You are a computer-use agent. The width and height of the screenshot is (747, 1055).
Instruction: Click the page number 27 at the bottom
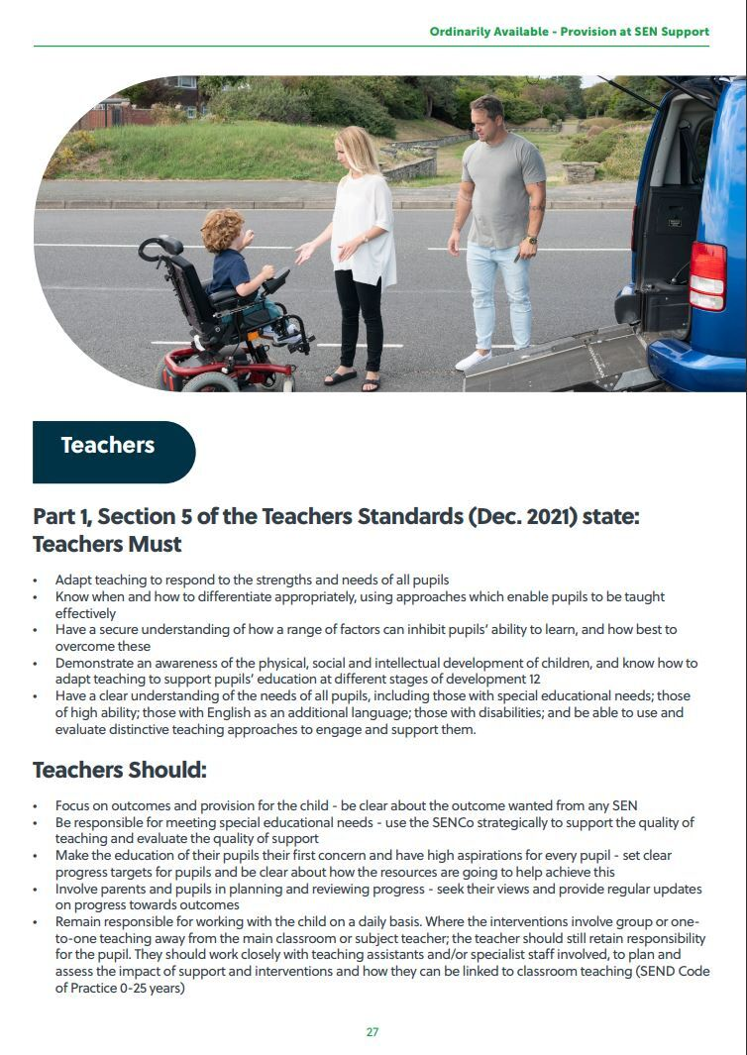pos(373,1031)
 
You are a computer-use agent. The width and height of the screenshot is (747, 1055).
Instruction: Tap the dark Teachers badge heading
pos(108,446)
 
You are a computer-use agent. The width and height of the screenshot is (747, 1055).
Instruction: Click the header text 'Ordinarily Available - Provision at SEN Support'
pos(569,32)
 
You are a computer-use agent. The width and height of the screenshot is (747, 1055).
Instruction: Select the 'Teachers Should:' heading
pos(120,770)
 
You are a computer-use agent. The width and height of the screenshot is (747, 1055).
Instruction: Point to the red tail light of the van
pos(707,275)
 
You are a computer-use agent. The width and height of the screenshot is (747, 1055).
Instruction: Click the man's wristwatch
pos(532,239)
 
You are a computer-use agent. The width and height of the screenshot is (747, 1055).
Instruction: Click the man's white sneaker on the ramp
pos(474,360)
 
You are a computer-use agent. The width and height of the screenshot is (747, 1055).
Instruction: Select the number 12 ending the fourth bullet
pos(535,679)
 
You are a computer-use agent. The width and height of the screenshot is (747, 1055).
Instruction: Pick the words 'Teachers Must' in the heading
pos(107,544)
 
